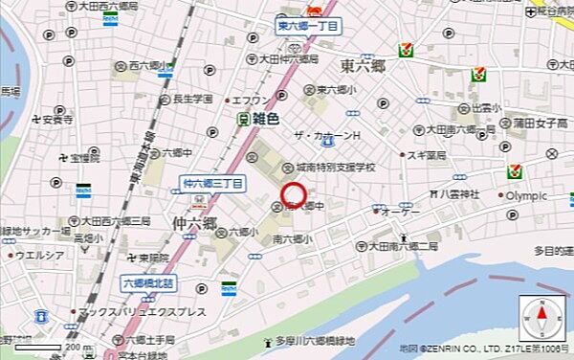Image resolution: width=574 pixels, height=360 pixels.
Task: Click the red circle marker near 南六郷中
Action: point(294,197)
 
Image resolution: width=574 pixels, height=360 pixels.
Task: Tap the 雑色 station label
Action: point(264,120)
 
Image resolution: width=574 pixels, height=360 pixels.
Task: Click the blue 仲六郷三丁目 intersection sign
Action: point(213,182)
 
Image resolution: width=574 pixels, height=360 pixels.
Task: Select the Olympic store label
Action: point(526,196)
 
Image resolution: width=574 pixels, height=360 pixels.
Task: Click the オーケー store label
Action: point(401,213)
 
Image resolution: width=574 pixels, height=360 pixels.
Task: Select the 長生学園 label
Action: point(190,99)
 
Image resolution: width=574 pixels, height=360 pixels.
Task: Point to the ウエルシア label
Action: point(38,256)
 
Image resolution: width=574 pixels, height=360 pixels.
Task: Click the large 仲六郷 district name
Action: point(195,223)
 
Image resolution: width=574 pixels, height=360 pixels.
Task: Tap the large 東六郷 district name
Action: point(364,67)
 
